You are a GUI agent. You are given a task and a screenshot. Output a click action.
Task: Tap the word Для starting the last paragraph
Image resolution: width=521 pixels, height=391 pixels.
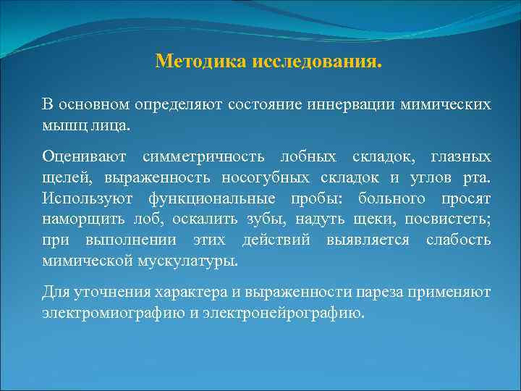[56, 293]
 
